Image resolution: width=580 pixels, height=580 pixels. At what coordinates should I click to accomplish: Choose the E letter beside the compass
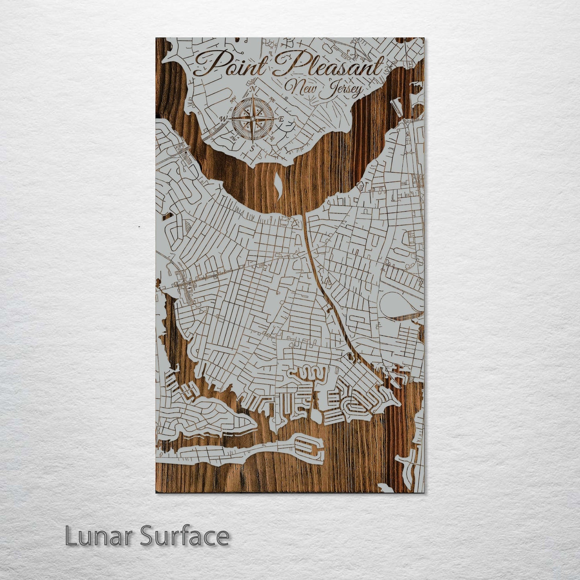[x=281, y=119]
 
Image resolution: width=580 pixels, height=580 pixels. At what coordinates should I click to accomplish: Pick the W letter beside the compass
[x=224, y=118]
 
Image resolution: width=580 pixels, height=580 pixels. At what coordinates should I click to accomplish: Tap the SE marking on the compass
[x=272, y=137]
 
